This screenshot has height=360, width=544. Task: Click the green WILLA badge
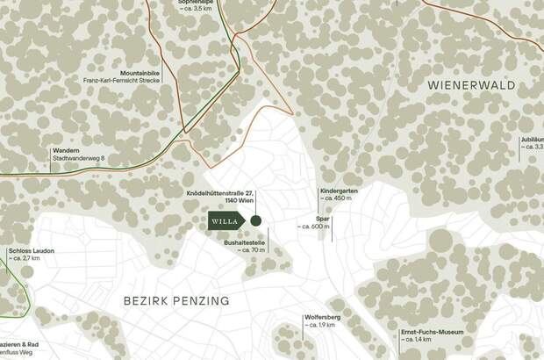[225, 221]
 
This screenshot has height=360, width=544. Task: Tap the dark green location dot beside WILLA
[256, 221]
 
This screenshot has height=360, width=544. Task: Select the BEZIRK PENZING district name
[175, 300]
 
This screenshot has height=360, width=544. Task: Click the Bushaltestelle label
[244, 241]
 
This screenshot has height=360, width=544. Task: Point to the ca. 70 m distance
[252, 250]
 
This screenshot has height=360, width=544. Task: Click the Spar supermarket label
[322, 219]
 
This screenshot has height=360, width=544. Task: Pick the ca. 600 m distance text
[314, 227]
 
